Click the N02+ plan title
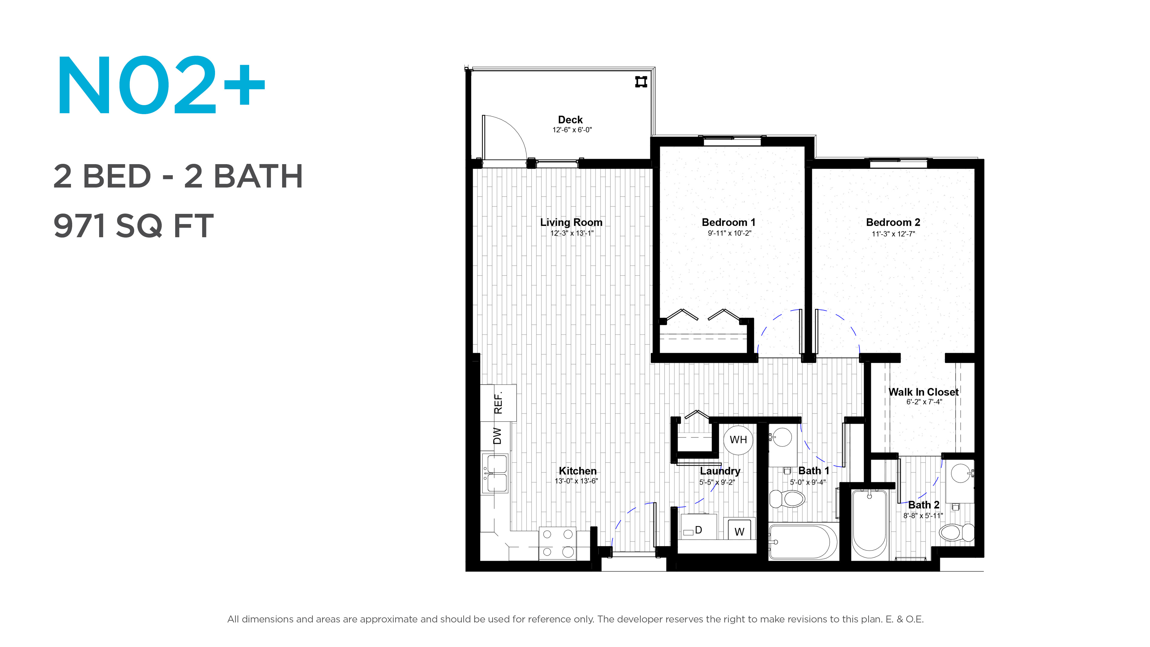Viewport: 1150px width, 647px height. click(161, 85)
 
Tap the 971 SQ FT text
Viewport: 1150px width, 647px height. click(134, 226)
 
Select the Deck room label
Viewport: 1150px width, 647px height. click(570, 120)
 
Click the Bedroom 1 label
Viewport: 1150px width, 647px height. click(729, 222)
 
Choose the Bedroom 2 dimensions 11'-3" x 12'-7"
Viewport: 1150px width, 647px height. click(893, 234)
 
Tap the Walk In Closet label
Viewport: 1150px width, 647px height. click(923, 392)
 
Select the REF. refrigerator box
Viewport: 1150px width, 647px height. click(498, 403)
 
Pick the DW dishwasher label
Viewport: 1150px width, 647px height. click(497, 436)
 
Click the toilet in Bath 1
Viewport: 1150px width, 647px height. click(787, 499)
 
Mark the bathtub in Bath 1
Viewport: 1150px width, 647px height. click(803, 541)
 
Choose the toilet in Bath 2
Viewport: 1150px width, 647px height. click(956, 532)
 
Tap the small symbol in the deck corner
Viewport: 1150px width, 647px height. click(641, 82)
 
